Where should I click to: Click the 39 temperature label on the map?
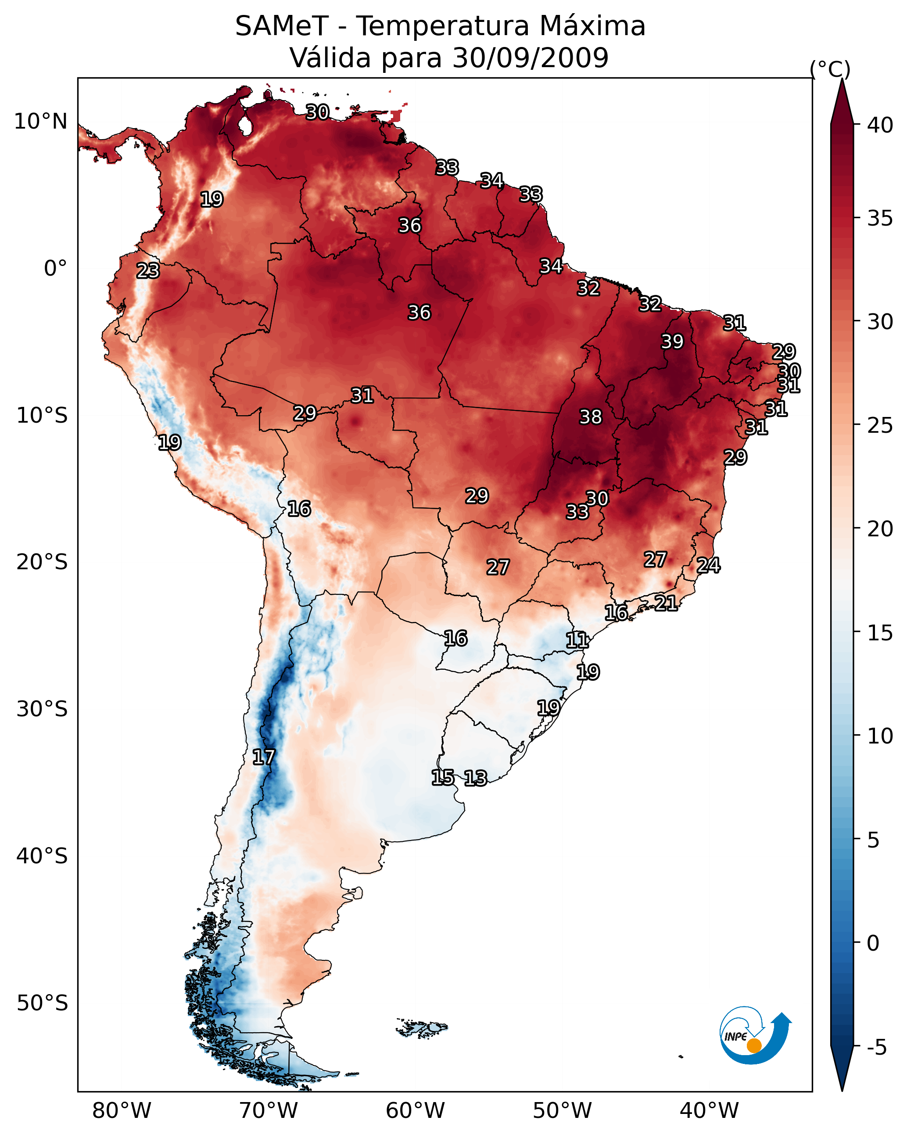(672, 341)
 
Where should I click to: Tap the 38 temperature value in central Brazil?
(591, 417)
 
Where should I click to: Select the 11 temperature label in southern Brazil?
(577, 640)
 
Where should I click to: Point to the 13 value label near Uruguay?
(475, 778)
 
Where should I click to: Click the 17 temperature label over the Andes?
(264, 757)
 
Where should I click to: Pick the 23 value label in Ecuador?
(148, 271)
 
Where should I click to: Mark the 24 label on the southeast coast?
(709, 565)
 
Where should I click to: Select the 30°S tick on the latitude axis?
(42, 709)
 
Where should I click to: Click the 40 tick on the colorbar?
(880, 125)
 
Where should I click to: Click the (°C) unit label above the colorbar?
(830, 69)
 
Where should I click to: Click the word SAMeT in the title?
(282, 26)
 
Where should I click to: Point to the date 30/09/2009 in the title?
(531, 58)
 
